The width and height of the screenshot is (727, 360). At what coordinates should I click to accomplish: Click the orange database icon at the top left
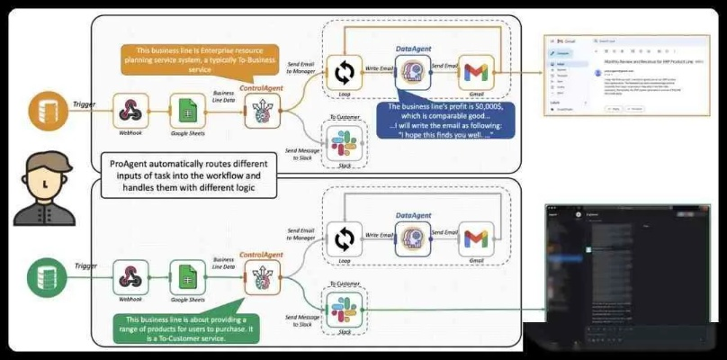click(42, 113)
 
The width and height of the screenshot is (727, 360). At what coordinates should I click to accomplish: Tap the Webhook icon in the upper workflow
click(131, 112)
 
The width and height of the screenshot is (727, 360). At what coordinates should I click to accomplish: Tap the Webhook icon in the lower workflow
click(131, 275)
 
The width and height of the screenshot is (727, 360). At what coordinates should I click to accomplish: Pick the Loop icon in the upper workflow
click(343, 73)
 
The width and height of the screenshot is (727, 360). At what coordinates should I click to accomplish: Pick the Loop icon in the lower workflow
click(343, 238)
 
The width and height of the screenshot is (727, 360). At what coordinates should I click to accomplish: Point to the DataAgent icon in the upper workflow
click(412, 73)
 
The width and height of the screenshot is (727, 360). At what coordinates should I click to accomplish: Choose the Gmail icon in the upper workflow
click(477, 73)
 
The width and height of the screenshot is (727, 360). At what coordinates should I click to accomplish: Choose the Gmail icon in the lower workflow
click(477, 238)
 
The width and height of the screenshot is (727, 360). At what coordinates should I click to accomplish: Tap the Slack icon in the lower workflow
click(343, 310)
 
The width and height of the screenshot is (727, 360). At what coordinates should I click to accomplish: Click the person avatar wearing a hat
click(42, 184)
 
